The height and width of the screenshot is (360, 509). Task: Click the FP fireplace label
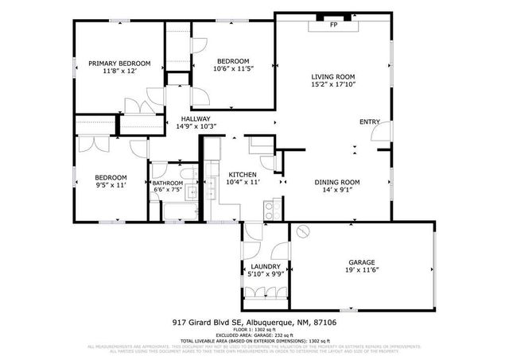tap(333, 25)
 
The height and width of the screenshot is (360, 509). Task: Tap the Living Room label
tap(333, 77)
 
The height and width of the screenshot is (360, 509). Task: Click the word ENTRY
tap(370, 122)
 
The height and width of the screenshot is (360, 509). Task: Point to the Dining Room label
tap(337, 181)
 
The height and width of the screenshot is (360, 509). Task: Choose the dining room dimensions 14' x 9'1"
tap(337, 190)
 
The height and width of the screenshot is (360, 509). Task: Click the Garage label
tap(361, 262)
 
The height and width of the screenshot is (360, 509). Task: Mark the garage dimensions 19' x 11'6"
tap(361, 271)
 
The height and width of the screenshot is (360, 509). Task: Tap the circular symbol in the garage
tap(302, 232)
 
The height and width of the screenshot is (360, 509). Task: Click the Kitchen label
tap(242, 174)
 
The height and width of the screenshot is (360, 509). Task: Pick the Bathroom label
tap(168, 183)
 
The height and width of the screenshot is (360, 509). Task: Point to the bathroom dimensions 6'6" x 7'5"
tap(168, 191)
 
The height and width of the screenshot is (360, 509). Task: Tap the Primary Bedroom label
tap(119, 63)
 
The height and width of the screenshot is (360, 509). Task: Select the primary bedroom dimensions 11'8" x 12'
tap(119, 72)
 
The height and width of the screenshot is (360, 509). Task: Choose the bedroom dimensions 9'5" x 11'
tap(111, 185)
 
